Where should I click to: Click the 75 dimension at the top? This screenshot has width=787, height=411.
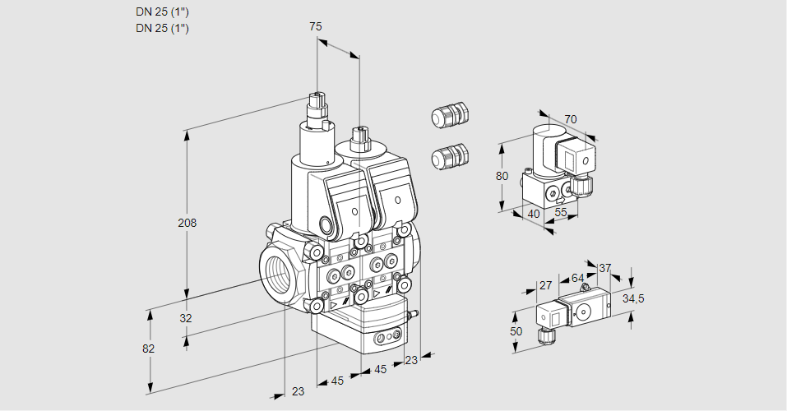pos(316,26)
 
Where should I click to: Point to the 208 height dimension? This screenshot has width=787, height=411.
pos(188,223)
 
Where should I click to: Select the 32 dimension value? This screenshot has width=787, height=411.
pos(185,318)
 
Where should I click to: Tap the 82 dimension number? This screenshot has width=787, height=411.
pos(148,349)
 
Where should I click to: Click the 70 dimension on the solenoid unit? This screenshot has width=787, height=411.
pos(571,119)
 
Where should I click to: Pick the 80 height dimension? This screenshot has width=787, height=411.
pos(502,176)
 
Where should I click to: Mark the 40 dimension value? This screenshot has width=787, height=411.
pos(534,215)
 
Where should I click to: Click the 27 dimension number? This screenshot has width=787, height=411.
pos(545,286)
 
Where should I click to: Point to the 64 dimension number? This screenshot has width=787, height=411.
pos(577,278)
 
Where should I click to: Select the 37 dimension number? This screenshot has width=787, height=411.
pos(605,268)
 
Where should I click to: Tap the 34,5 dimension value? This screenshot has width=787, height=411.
pos(632,298)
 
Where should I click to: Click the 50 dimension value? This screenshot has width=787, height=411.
pos(516,331)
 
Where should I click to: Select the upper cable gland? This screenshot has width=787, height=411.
pos(449,115)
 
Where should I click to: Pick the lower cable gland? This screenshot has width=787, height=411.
pos(449,155)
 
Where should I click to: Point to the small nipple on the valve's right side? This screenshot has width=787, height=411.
pos(414,313)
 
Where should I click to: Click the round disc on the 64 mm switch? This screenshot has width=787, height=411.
pos(585,312)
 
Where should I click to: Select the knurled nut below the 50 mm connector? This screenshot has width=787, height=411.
pos(544,335)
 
